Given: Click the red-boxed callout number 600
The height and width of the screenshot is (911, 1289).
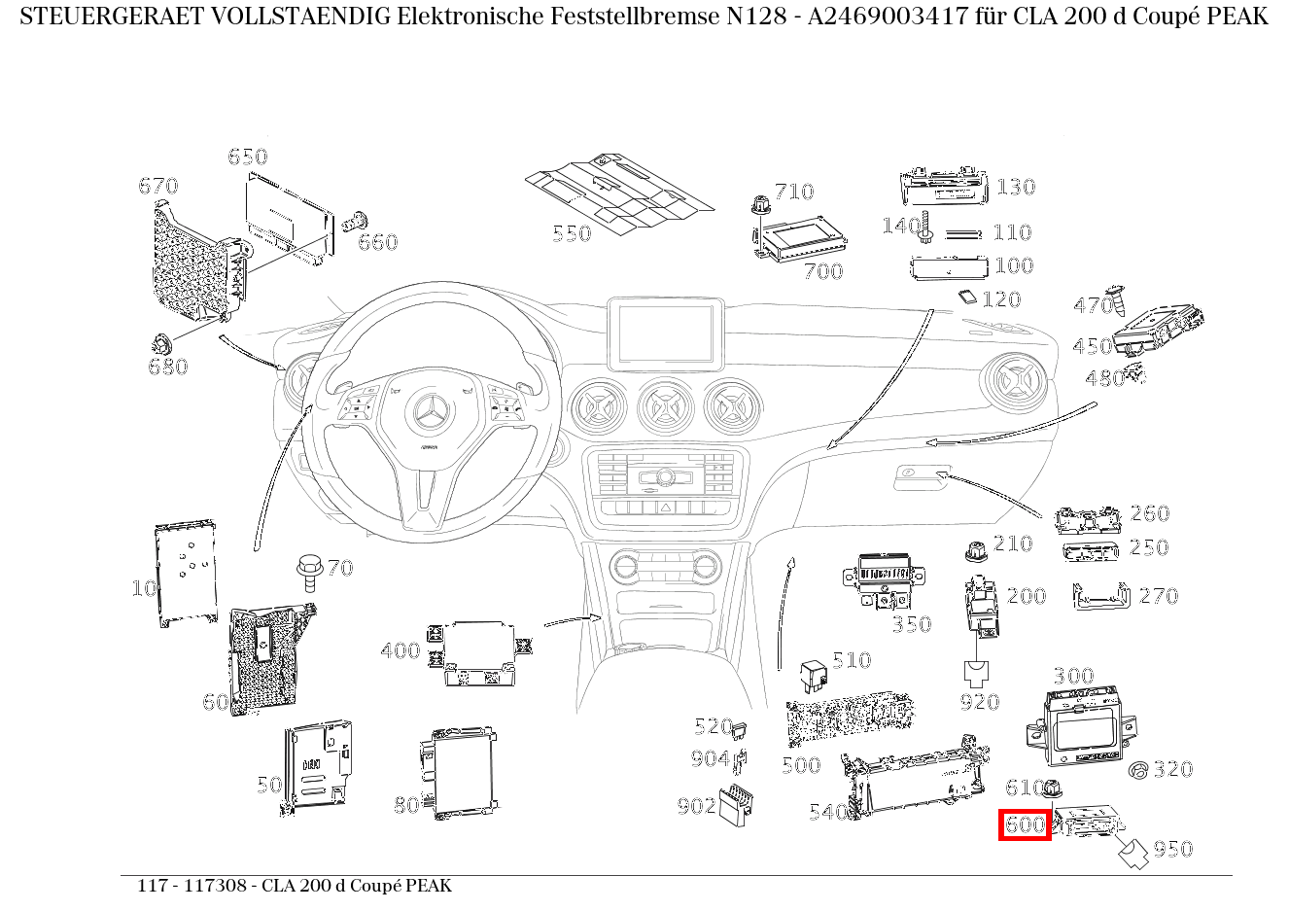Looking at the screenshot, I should tap(1026, 825).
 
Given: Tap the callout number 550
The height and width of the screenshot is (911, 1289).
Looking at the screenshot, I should tap(572, 233).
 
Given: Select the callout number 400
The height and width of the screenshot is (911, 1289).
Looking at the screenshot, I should tap(400, 650).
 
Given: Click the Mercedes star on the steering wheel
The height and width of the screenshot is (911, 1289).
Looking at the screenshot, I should tap(428, 416).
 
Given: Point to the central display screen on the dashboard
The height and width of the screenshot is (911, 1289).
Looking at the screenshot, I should tap(665, 333).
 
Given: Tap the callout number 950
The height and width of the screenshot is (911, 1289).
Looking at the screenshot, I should tap(1172, 849).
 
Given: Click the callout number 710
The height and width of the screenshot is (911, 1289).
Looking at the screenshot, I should tap(794, 192).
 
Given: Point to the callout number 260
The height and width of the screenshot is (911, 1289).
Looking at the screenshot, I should tap(1149, 513).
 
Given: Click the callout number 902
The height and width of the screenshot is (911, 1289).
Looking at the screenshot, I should tap(696, 805).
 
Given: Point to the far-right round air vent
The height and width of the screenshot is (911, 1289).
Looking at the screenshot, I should tap(1015, 386).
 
